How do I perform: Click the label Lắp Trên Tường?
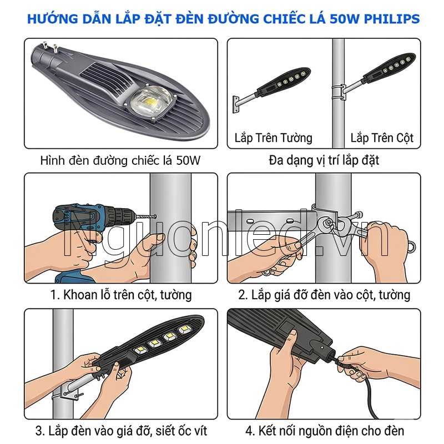tap(273, 138)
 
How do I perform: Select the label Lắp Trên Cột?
tap(382, 138)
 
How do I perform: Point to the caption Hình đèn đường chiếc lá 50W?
tap(120, 161)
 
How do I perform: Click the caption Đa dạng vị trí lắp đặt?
tap(324, 161)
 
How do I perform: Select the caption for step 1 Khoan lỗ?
tap(120, 295)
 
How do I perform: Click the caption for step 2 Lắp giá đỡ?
tap(324, 295)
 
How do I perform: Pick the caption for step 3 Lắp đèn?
tap(120, 431)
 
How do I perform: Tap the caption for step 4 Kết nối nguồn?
tap(324, 431)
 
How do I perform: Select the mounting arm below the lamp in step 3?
tap(78, 386)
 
